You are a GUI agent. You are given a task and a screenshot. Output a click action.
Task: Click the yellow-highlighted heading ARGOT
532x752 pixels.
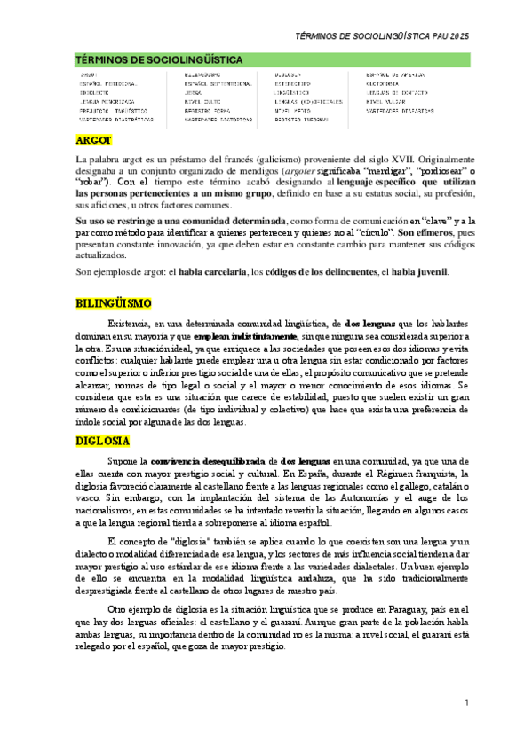[x=93, y=140]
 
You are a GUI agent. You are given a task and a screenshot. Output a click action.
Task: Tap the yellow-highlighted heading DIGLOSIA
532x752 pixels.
[x=102, y=441]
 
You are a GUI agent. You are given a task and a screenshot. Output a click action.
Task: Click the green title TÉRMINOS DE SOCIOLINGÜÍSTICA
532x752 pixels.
[x=159, y=59]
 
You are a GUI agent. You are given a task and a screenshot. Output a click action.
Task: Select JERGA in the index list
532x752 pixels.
[x=193, y=92]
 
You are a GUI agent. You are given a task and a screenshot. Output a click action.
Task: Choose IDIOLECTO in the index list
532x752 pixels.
[x=95, y=92]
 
